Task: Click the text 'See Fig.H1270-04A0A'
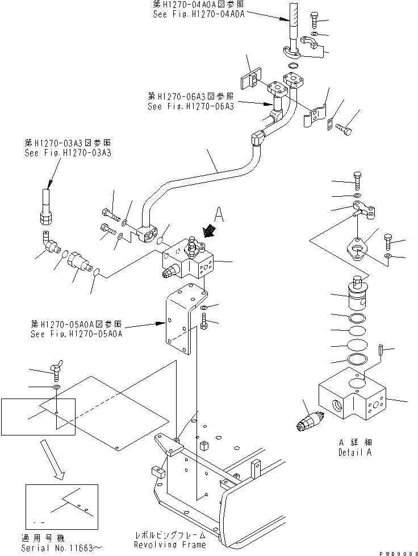[x=198, y=15]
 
